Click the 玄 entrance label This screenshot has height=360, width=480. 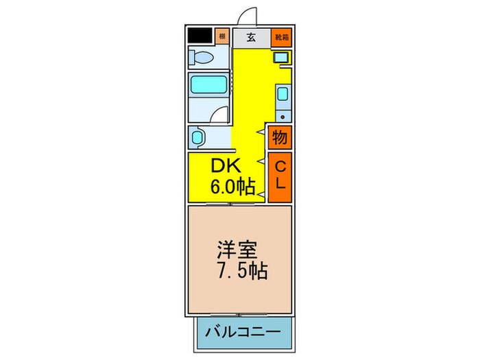[x=251, y=37]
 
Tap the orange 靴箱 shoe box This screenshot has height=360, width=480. [x=282, y=37]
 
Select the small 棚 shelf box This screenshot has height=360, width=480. [x=222, y=36]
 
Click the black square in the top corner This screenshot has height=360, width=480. [x=200, y=36]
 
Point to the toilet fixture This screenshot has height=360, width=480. [x=203, y=58]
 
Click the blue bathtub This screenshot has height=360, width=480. [x=208, y=86]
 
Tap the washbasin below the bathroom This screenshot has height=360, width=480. [x=198, y=138]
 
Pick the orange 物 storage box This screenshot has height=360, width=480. [x=280, y=137]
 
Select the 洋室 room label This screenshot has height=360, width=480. [x=234, y=246]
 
